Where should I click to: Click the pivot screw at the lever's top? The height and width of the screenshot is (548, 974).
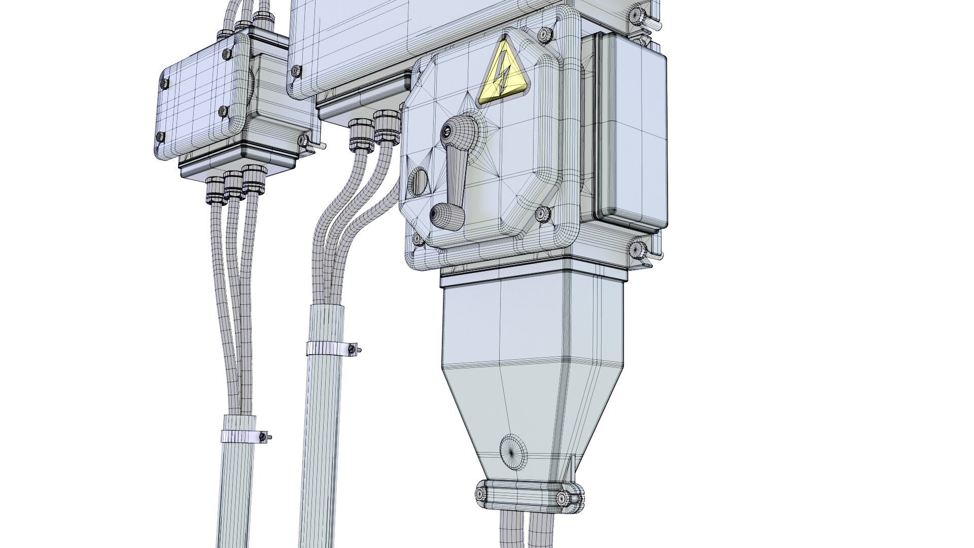click(446, 132)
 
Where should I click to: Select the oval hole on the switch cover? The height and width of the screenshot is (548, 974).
click(419, 182)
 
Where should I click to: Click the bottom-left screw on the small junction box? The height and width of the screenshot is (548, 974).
click(161, 136)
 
